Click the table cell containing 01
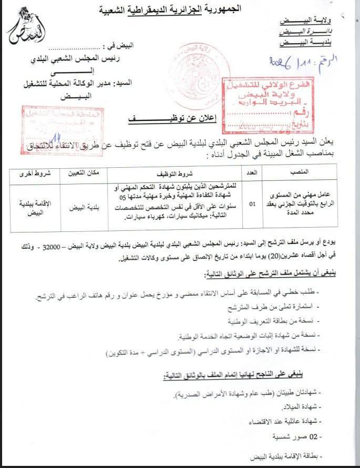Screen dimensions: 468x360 (252, 204)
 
